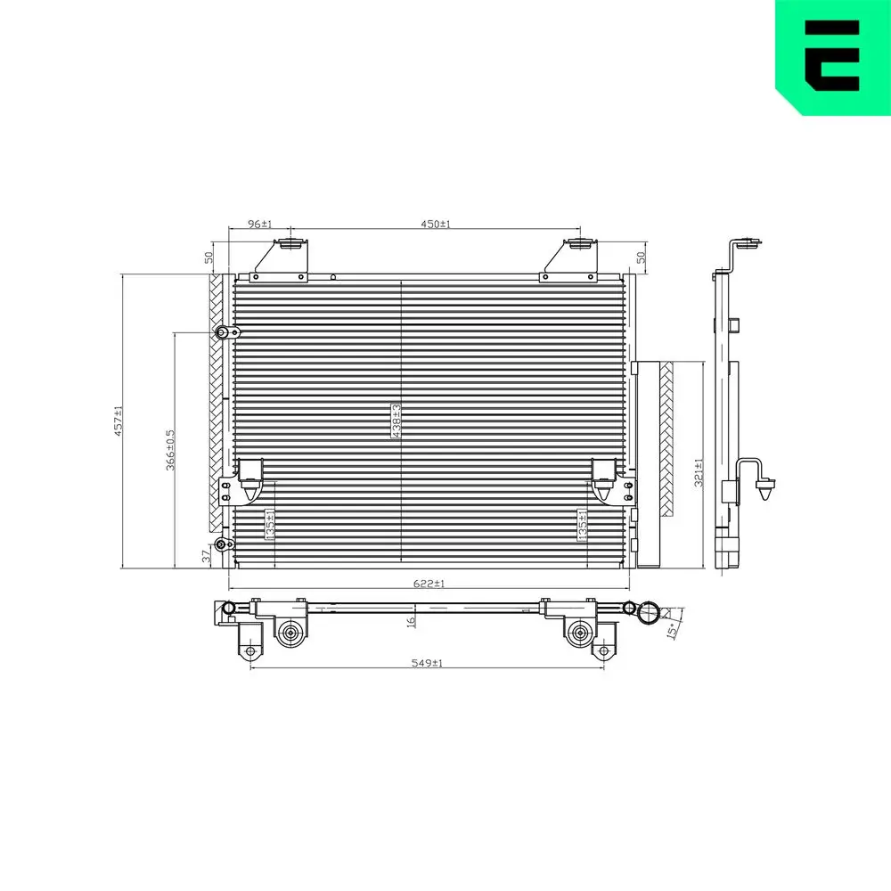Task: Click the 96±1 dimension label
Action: tap(258, 225)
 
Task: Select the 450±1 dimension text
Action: tap(436, 225)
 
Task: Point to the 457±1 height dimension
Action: tap(118, 422)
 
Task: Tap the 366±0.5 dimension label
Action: tap(169, 450)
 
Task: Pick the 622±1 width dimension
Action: tap(429, 584)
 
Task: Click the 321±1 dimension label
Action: tap(699, 472)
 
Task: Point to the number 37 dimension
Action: tap(206, 556)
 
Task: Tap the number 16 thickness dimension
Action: tap(411, 621)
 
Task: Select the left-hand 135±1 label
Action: tap(268, 524)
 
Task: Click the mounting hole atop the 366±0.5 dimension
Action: tap(221, 332)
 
